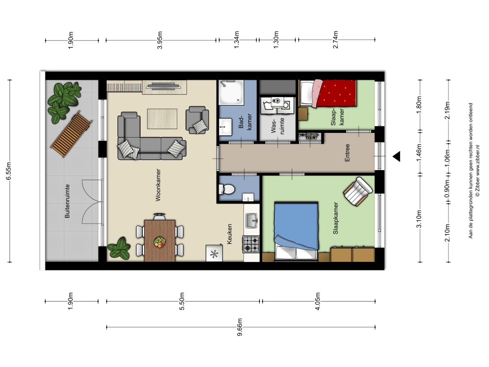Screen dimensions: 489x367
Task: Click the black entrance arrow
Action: (397, 156)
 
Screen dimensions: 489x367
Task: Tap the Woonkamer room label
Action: (158, 185)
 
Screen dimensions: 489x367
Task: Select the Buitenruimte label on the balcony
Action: (67, 201)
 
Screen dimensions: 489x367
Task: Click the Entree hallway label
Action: (347, 152)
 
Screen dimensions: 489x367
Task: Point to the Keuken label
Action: (230, 234)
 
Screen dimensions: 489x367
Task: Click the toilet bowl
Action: (227, 189)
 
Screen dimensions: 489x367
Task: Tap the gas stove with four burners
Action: (251, 244)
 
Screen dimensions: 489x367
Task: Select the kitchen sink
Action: (252, 220)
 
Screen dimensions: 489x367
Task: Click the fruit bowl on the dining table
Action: (159, 242)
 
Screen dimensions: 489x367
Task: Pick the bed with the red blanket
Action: (328, 93)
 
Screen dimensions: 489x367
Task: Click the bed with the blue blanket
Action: (296, 231)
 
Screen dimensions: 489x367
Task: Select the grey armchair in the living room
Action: (197, 120)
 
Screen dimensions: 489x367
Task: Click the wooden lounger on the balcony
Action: (72, 134)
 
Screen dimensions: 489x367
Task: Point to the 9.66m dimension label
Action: (240, 327)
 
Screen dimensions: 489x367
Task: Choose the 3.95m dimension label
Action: (159, 40)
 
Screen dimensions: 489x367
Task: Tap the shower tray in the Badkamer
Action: (231, 92)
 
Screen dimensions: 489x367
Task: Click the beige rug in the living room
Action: (162, 119)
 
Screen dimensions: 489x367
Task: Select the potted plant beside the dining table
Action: (119, 248)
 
